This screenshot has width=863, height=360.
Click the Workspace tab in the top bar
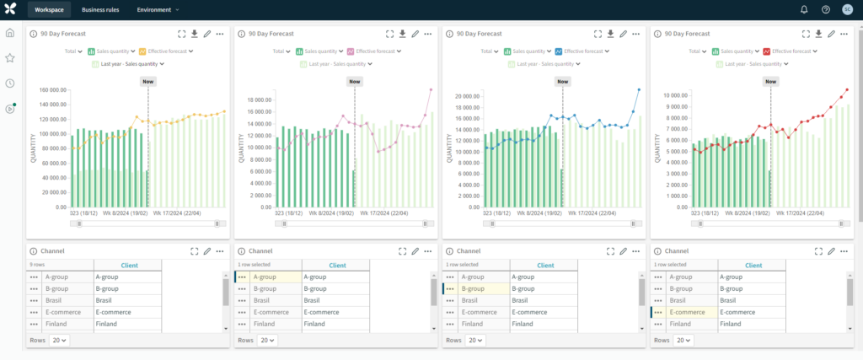pos(49,9)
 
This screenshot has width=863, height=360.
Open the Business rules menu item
pos(100,9)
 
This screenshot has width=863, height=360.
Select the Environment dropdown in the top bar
pos(158,9)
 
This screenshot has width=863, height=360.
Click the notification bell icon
pos(803,9)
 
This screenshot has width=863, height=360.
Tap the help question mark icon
pos(825,9)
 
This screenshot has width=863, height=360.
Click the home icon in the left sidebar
pos(10,33)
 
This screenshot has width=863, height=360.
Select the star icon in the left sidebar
pos(10,58)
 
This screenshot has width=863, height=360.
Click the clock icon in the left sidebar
pos(10,83)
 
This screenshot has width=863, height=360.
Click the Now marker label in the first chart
pos(148,82)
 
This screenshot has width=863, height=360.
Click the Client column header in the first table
pos(129,265)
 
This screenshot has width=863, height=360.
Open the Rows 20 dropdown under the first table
pos(59,340)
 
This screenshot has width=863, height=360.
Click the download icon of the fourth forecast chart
pos(817,34)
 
